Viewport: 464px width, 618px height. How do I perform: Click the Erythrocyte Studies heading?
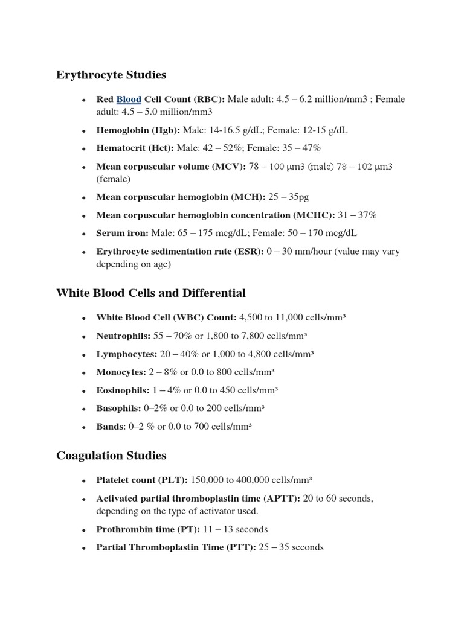[111, 75]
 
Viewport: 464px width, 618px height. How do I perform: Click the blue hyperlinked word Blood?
[129, 100]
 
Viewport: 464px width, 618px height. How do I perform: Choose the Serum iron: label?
[122, 233]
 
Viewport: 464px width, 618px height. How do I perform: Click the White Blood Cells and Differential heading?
[151, 293]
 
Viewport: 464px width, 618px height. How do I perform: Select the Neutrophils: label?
[123, 336]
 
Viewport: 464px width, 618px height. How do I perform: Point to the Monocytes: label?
[121, 372]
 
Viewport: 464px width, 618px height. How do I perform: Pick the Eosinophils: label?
[123, 390]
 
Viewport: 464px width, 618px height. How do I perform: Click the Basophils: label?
[118, 409]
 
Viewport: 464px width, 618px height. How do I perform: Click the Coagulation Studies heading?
[111, 456]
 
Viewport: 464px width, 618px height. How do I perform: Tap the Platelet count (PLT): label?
[142, 480]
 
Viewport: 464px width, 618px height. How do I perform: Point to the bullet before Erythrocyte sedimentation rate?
[82, 252]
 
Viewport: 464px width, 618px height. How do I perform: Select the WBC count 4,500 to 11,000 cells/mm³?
[292, 317]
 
